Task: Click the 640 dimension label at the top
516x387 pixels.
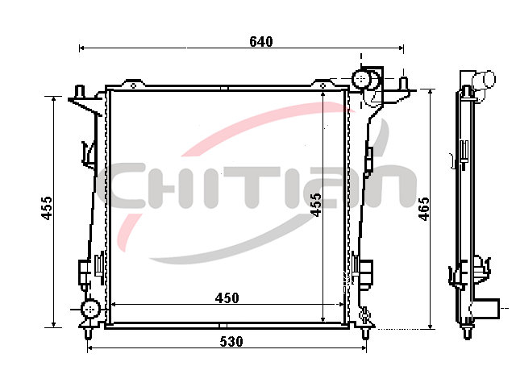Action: click(261, 41)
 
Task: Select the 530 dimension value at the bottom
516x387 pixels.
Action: click(231, 342)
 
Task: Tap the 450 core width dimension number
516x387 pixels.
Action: click(227, 298)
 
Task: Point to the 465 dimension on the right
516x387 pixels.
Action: click(424, 209)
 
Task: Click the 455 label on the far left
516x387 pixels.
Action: click(47, 208)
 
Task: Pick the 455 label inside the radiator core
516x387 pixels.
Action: click(315, 205)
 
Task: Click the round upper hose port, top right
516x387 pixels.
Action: click(361, 79)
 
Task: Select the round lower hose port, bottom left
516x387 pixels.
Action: click(90, 310)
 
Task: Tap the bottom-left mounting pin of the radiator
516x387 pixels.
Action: click(88, 333)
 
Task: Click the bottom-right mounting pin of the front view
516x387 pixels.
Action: click(365, 333)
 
